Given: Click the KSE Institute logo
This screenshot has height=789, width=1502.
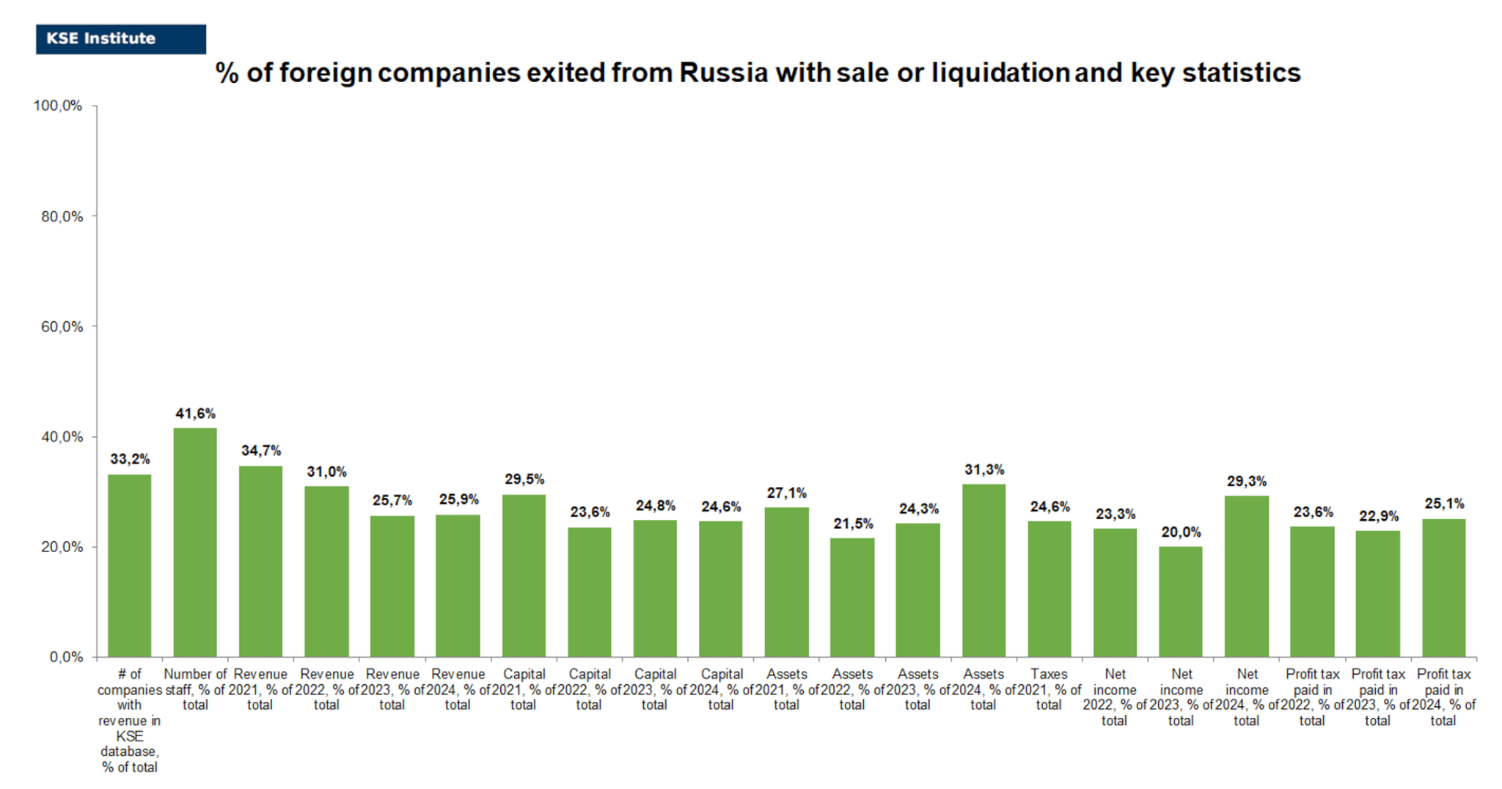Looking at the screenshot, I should click(x=120, y=39).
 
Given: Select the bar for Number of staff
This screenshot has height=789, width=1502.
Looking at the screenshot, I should click(x=195, y=543).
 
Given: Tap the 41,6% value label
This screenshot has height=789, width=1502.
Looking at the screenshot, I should click(x=195, y=414).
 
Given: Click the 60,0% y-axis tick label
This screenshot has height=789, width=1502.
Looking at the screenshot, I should click(x=62, y=326).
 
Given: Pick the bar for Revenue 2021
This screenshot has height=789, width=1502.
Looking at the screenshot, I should click(x=260, y=561).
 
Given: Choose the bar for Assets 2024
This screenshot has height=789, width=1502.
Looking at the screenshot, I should click(x=983, y=570).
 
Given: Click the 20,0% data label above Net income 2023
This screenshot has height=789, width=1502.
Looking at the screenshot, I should click(x=1181, y=532).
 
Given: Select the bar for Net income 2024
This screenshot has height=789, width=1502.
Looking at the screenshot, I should click(x=1246, y=576).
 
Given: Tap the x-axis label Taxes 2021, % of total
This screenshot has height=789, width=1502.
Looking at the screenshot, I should click(x=1049, y=689).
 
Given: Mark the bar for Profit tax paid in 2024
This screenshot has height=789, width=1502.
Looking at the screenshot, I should click(x=1443, y=588).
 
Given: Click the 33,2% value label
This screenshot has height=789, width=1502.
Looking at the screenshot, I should click(x=130, y=459).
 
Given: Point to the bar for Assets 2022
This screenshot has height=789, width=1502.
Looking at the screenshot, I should click(x=852, y=598).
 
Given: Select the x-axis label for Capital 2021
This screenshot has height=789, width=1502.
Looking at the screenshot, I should click(x=524, y=689).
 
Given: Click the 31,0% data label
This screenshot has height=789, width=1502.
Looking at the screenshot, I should click(x=326, y=471).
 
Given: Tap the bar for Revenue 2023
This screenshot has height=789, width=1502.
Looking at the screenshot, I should click(x=392, y=587).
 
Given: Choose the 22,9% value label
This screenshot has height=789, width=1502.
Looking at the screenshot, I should click(x=1378, y=516).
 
